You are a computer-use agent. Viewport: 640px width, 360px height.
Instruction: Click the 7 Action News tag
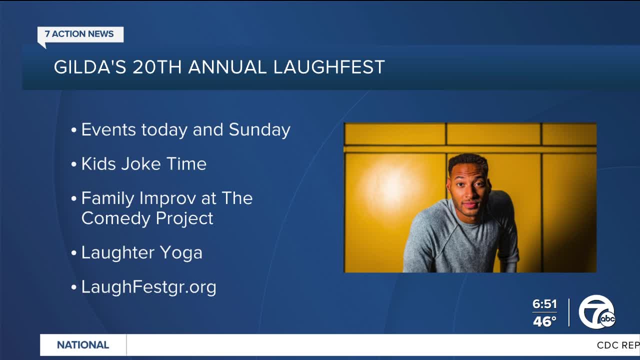point(79,34)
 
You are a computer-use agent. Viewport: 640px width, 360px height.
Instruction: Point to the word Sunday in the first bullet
point(259,130)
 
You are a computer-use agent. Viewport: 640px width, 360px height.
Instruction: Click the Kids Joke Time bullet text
point(143,164)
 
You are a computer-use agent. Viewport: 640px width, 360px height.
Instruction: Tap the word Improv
point(165,198)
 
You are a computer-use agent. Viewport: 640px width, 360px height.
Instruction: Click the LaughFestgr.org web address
point(148,287)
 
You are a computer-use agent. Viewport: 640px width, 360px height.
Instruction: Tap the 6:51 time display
point(544,304)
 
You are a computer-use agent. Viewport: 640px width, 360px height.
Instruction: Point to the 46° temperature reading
point(544,321)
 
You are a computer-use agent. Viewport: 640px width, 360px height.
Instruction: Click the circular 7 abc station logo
point(596,312)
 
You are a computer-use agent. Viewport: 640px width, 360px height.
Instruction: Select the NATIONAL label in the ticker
point(83,345)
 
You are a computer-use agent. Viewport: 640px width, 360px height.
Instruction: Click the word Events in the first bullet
point(108,130)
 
